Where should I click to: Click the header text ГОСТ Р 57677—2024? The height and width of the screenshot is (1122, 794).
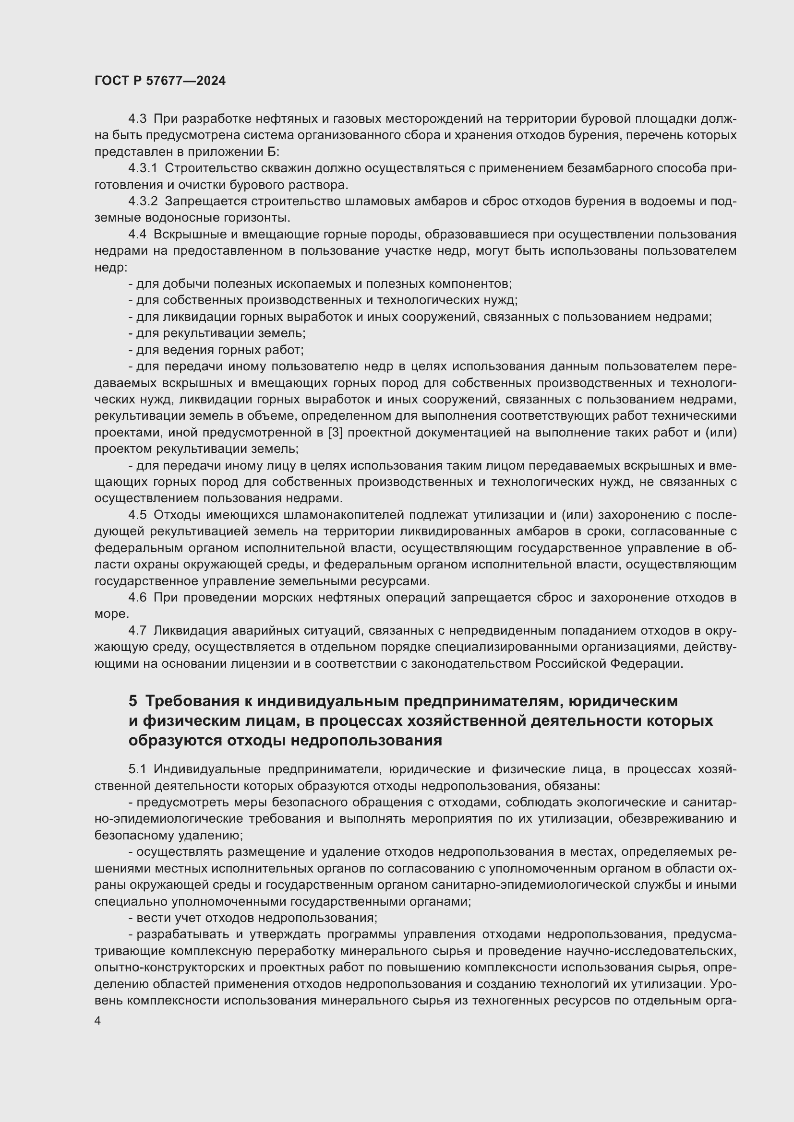160,81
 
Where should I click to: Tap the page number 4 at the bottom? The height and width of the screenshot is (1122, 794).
98,1021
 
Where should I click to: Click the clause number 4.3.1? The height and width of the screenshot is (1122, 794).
143,168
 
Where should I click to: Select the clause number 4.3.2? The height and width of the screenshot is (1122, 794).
143,201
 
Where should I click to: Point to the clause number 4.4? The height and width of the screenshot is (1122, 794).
137,235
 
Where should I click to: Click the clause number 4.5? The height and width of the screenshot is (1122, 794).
137,515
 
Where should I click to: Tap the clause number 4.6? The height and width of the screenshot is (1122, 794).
137,598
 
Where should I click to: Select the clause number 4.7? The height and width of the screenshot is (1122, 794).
137,631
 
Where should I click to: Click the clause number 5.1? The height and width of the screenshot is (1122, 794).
137,769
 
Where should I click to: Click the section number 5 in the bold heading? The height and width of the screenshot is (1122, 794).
133,701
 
